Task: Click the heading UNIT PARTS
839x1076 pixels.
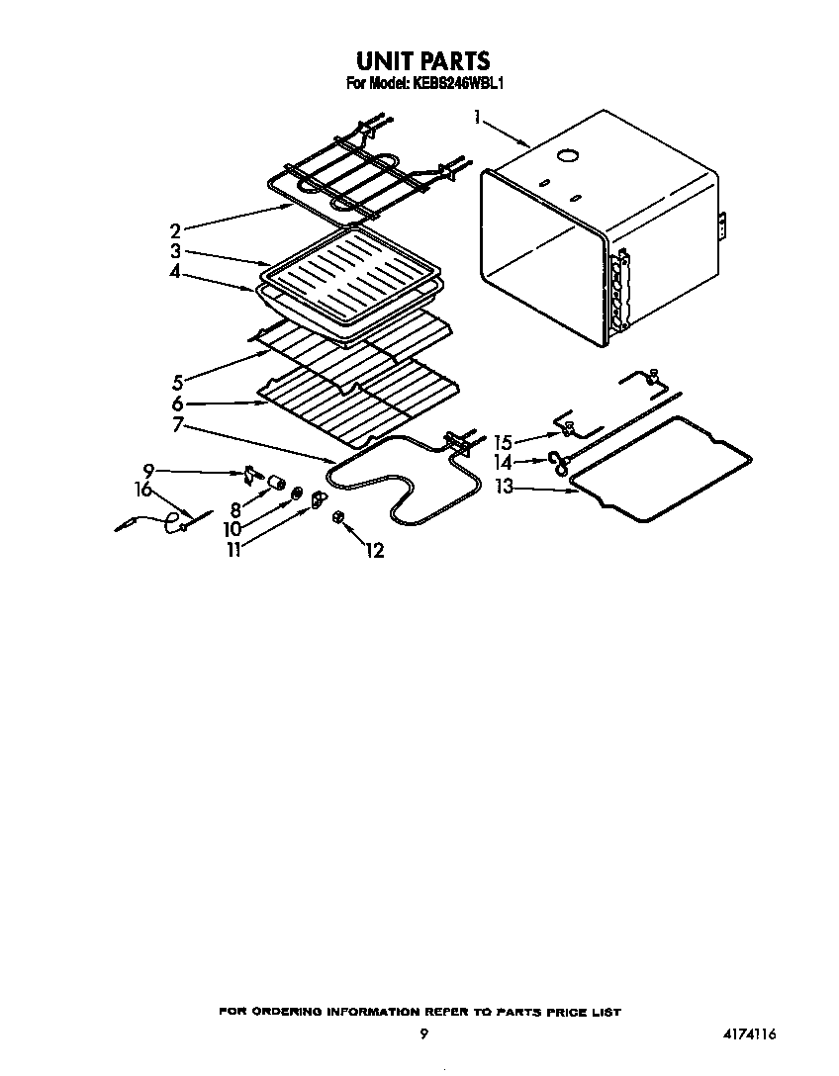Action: pos(422,61)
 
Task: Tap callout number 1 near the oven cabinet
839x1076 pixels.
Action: pos(476,118)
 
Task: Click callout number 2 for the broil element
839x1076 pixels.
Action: pos(176,231)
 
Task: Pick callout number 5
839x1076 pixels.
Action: pos(177,382)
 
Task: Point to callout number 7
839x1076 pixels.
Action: pos(178,425)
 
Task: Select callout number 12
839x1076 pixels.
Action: pos(375,550)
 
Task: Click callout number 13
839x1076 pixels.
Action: pos(504,487)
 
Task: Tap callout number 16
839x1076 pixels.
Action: pos(143,490)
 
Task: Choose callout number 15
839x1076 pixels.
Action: pos(504,443)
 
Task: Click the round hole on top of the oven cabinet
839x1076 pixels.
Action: pos(568,156)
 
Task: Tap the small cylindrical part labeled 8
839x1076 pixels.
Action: pos(277,484)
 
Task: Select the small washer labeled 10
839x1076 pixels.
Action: pos(297,493)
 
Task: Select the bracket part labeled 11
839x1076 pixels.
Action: pos(317,500)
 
